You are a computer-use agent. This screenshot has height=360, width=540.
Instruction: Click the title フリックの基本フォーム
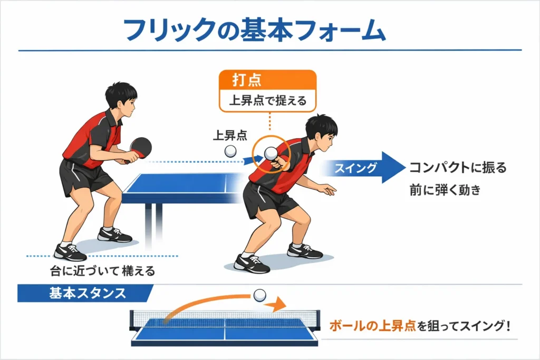pyautogui.click(x=254, y=31)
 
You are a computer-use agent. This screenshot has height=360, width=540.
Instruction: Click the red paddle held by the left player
pyautogui.click(x=140, y=146)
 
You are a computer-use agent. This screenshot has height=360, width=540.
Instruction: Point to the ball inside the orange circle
pyautogui.click(x=271, y=153)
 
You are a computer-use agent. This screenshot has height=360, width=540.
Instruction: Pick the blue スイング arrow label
pyautogui.click(x=364, y=168)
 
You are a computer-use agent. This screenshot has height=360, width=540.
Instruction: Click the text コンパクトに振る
pyautogui.click(x=458, y=168)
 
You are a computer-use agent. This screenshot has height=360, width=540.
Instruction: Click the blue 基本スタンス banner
pyautogui.click(x=84, y=293)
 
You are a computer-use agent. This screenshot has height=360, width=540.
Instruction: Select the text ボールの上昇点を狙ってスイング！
pyautogui.click(x=420, y=326)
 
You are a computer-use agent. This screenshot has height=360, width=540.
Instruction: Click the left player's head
pyautogui.click(x=121, y=99)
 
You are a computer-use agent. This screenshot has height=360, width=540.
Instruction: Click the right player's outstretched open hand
pyautogui.click(x=327, y=189)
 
